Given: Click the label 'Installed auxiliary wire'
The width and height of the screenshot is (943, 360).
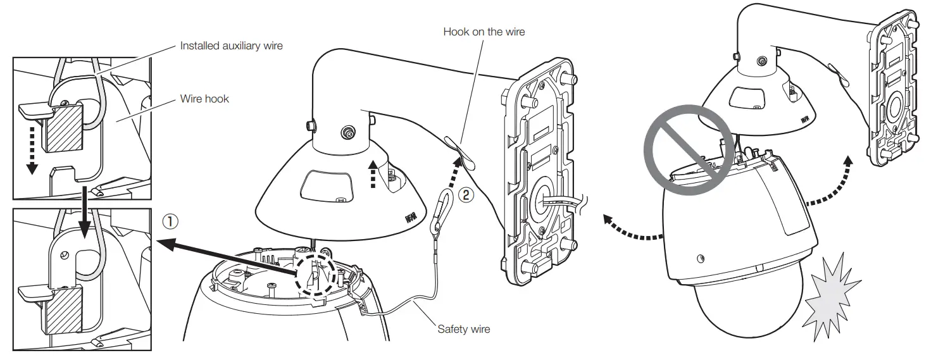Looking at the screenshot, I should click(x=231, y=46).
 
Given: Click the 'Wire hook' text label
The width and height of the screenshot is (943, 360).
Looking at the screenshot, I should click(x=204, y=99).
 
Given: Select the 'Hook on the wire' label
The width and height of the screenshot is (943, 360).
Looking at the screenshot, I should click(x=484, y=32).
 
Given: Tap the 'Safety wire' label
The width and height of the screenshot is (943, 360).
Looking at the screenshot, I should click(x=463, y=329).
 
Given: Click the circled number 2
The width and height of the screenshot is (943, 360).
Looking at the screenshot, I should click(x=465, y=195).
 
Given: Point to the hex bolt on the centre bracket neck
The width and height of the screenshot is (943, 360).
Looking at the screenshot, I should click(x=347, y=132).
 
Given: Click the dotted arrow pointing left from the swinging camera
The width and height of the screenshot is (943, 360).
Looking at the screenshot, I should click(x=630, y=230).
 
